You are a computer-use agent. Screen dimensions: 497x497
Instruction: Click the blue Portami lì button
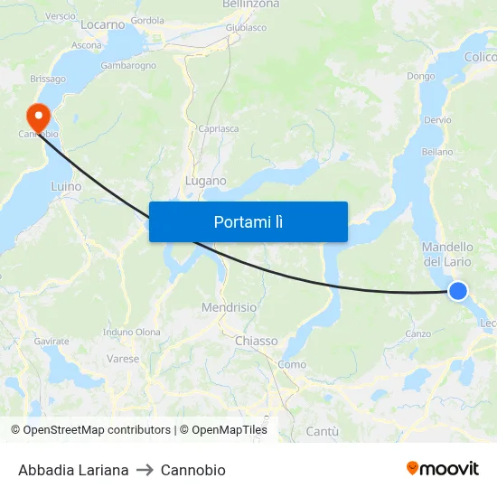(x=248, y=221)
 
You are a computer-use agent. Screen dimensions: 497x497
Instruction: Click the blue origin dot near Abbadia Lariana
(x=458, y=290)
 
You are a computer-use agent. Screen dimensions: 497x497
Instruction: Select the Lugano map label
(x=205, y=181)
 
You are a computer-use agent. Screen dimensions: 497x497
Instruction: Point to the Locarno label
(x=102, y=24)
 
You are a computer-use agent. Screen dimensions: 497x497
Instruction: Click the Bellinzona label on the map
(x=251, y=5)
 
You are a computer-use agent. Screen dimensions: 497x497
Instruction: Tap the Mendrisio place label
(x=229, y=307)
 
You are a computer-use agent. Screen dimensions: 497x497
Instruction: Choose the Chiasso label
(x=256, y=341)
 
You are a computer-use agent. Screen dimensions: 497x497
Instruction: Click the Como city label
(x=292, y=364)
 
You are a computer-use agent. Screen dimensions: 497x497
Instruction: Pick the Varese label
(x=123, y=359)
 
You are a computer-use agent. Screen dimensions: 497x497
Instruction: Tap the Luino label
(x=66, y=187)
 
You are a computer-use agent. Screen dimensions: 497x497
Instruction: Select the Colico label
(x=481, y=57)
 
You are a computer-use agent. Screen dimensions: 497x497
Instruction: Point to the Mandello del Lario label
(x=447, y=254)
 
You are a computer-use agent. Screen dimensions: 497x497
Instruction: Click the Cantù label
(x=322, y=432)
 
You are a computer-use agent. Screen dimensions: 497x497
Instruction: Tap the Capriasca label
(x=218, y=128)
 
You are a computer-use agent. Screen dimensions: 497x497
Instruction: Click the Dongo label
(x=421, y=77)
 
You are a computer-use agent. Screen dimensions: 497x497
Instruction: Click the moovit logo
(x=442, y=469)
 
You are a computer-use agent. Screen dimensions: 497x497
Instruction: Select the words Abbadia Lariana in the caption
(x=73, y=470)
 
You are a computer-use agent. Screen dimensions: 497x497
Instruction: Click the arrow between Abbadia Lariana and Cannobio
(x=145, y=470)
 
